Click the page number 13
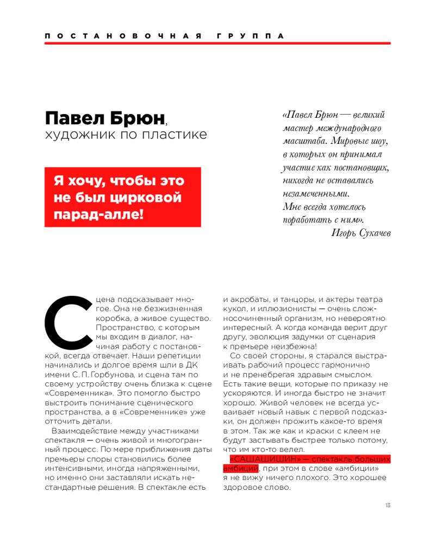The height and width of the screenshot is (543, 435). click(x=388, y=506)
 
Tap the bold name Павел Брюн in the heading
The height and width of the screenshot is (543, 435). click(x=104, y=118)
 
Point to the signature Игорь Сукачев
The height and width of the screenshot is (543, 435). click(x=360, y=233)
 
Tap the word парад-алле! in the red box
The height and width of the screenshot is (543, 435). click(x=98, y=214)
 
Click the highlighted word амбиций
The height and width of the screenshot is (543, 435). click(x=240, y=469)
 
